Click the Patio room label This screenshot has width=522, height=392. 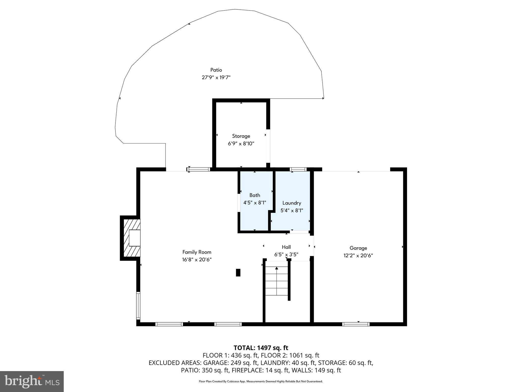(x=216, y=70)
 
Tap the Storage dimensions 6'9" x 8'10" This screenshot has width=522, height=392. (x=241, y=144)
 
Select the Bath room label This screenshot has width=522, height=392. (x=255, y=195)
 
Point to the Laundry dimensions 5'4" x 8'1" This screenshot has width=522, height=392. (x=292, y=211)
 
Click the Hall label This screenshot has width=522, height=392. (x=286, y=247)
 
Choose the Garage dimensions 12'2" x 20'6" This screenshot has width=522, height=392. (x=358, y=255)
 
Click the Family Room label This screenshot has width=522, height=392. (x=197, y=252)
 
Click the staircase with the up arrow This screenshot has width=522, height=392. (x=277, y=281)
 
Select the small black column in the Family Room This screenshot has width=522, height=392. (x=238, y=273)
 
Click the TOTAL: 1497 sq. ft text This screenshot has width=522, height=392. (x=261, y=348)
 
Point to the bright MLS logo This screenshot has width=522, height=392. (x=32, y=381)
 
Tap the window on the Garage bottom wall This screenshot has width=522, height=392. (x=356, y=324)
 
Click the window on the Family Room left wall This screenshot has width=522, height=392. (x=138, y=305)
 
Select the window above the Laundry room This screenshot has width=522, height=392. (x=298, y=169)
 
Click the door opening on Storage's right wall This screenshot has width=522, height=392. (x=268, y=146)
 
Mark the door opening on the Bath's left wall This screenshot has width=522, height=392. (x=239, y=203)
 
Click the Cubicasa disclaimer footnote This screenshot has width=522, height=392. (x=261, y=382)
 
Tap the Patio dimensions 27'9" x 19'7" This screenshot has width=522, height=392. (x=216, y=77)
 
